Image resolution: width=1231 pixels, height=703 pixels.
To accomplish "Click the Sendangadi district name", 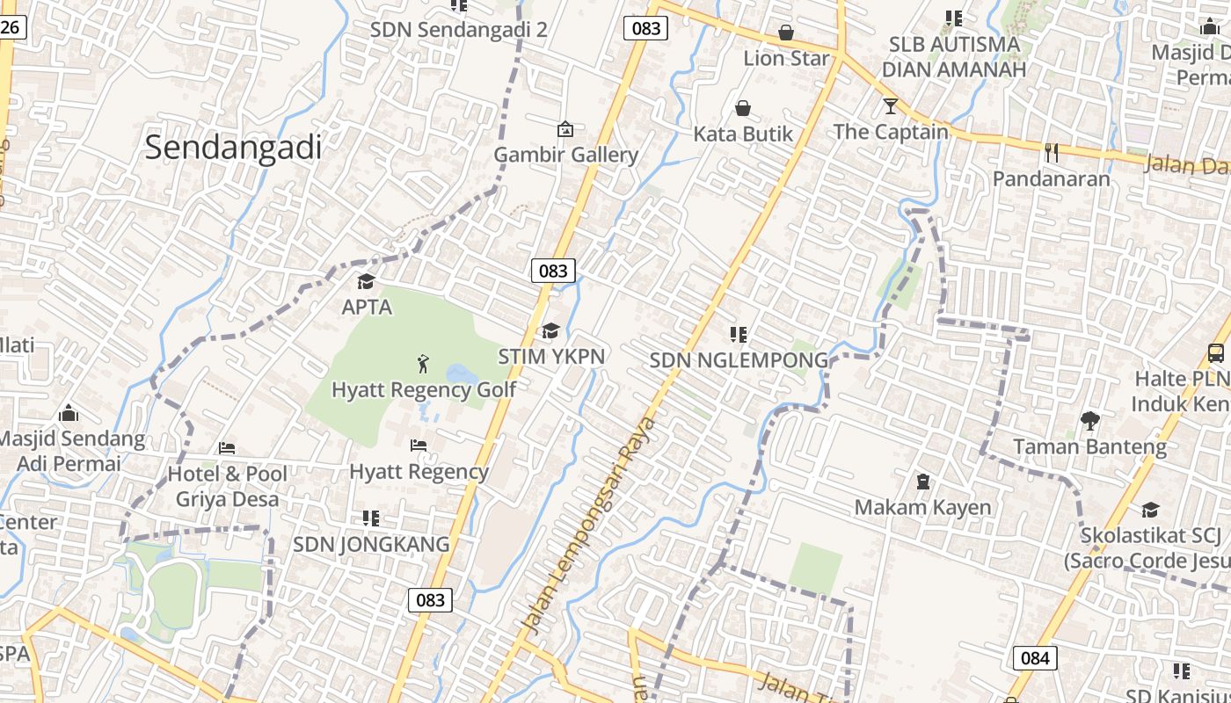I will [x=233, y=147].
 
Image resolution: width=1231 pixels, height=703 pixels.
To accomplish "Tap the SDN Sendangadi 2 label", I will [x=458, y=29].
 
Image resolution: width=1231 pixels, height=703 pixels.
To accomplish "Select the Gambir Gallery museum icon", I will [x=565, y=129].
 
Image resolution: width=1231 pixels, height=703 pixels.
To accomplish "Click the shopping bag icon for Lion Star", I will [x=786, y=33].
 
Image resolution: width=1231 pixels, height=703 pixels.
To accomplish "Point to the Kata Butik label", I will [x=743, y=134].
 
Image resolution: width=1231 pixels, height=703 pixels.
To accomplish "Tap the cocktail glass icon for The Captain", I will [x=891, y=106].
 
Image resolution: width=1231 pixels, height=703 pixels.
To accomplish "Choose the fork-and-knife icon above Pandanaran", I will [x=1051, y=152].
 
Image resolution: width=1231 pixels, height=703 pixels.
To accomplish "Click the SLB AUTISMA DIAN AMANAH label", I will [x=953, y=56].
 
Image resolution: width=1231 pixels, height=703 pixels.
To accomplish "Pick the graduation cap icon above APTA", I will [x=366, y=282].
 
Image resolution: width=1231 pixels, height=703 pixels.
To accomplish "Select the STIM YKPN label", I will [x=551, y=356].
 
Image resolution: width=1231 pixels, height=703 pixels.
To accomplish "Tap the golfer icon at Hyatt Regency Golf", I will [x=423, y=363].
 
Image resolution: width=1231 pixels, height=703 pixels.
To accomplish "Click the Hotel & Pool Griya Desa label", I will [x=228, y=486].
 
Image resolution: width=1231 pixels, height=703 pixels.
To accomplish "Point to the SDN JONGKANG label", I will [x=371, y=544].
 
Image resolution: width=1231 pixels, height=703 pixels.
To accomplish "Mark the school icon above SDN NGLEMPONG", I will [x=739, y=334].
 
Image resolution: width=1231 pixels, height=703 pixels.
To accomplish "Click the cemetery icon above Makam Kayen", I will [x=923, y=482].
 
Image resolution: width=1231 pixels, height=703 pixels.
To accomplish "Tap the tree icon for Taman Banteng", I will [x=1090, y=421].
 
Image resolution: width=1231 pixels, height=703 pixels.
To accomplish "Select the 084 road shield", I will [x=1035, y=657].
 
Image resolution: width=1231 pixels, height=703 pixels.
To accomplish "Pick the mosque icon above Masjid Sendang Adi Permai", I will [x=69, y=413].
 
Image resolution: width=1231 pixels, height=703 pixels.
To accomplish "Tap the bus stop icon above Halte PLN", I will [x=1216, y=353].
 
